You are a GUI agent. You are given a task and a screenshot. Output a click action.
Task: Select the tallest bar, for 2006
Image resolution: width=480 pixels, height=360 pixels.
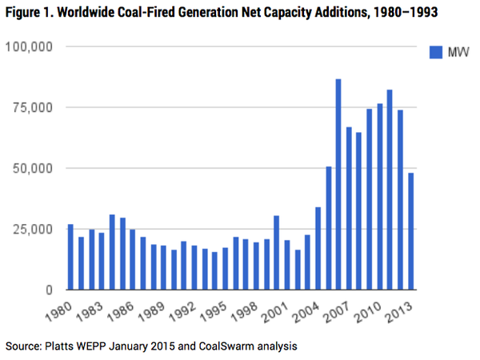pos(338,185)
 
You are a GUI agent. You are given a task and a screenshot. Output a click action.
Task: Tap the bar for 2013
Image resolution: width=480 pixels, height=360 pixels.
pos(410,232)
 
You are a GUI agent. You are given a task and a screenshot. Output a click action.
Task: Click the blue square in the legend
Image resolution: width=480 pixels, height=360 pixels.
pos(436,52)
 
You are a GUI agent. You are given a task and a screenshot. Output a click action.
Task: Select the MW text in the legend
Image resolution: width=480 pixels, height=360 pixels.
pos(458,52)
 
